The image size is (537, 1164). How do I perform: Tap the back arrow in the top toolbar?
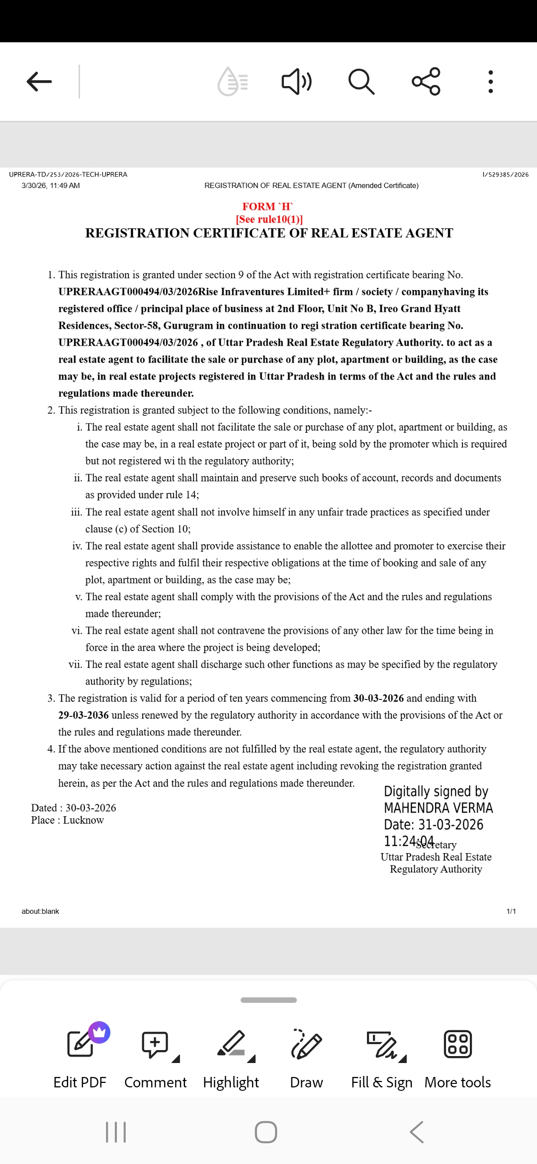coord(39,82)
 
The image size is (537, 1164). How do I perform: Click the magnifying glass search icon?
coord(361,82)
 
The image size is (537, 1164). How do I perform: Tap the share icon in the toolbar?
coord(426,82)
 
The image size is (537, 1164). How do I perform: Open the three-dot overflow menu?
coord(491,82)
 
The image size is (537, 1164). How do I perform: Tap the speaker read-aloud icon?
coord(296,82)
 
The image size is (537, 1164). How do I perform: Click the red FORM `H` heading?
coord(268,206)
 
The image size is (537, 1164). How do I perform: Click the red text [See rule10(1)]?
coord(269,219)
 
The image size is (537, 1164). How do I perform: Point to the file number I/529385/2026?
coord(505,175)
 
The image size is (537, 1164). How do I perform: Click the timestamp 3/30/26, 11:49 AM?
coord(51,186)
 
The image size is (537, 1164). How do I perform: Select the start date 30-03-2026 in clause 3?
coord(378,698)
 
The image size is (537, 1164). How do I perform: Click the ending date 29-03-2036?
coord(84,715)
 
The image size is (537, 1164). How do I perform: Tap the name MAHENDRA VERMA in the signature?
coord(438,808)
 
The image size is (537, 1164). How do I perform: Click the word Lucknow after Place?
coord(84,820)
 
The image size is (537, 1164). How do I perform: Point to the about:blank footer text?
coord(40,911)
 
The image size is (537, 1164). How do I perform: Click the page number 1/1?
coord(511,911)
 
